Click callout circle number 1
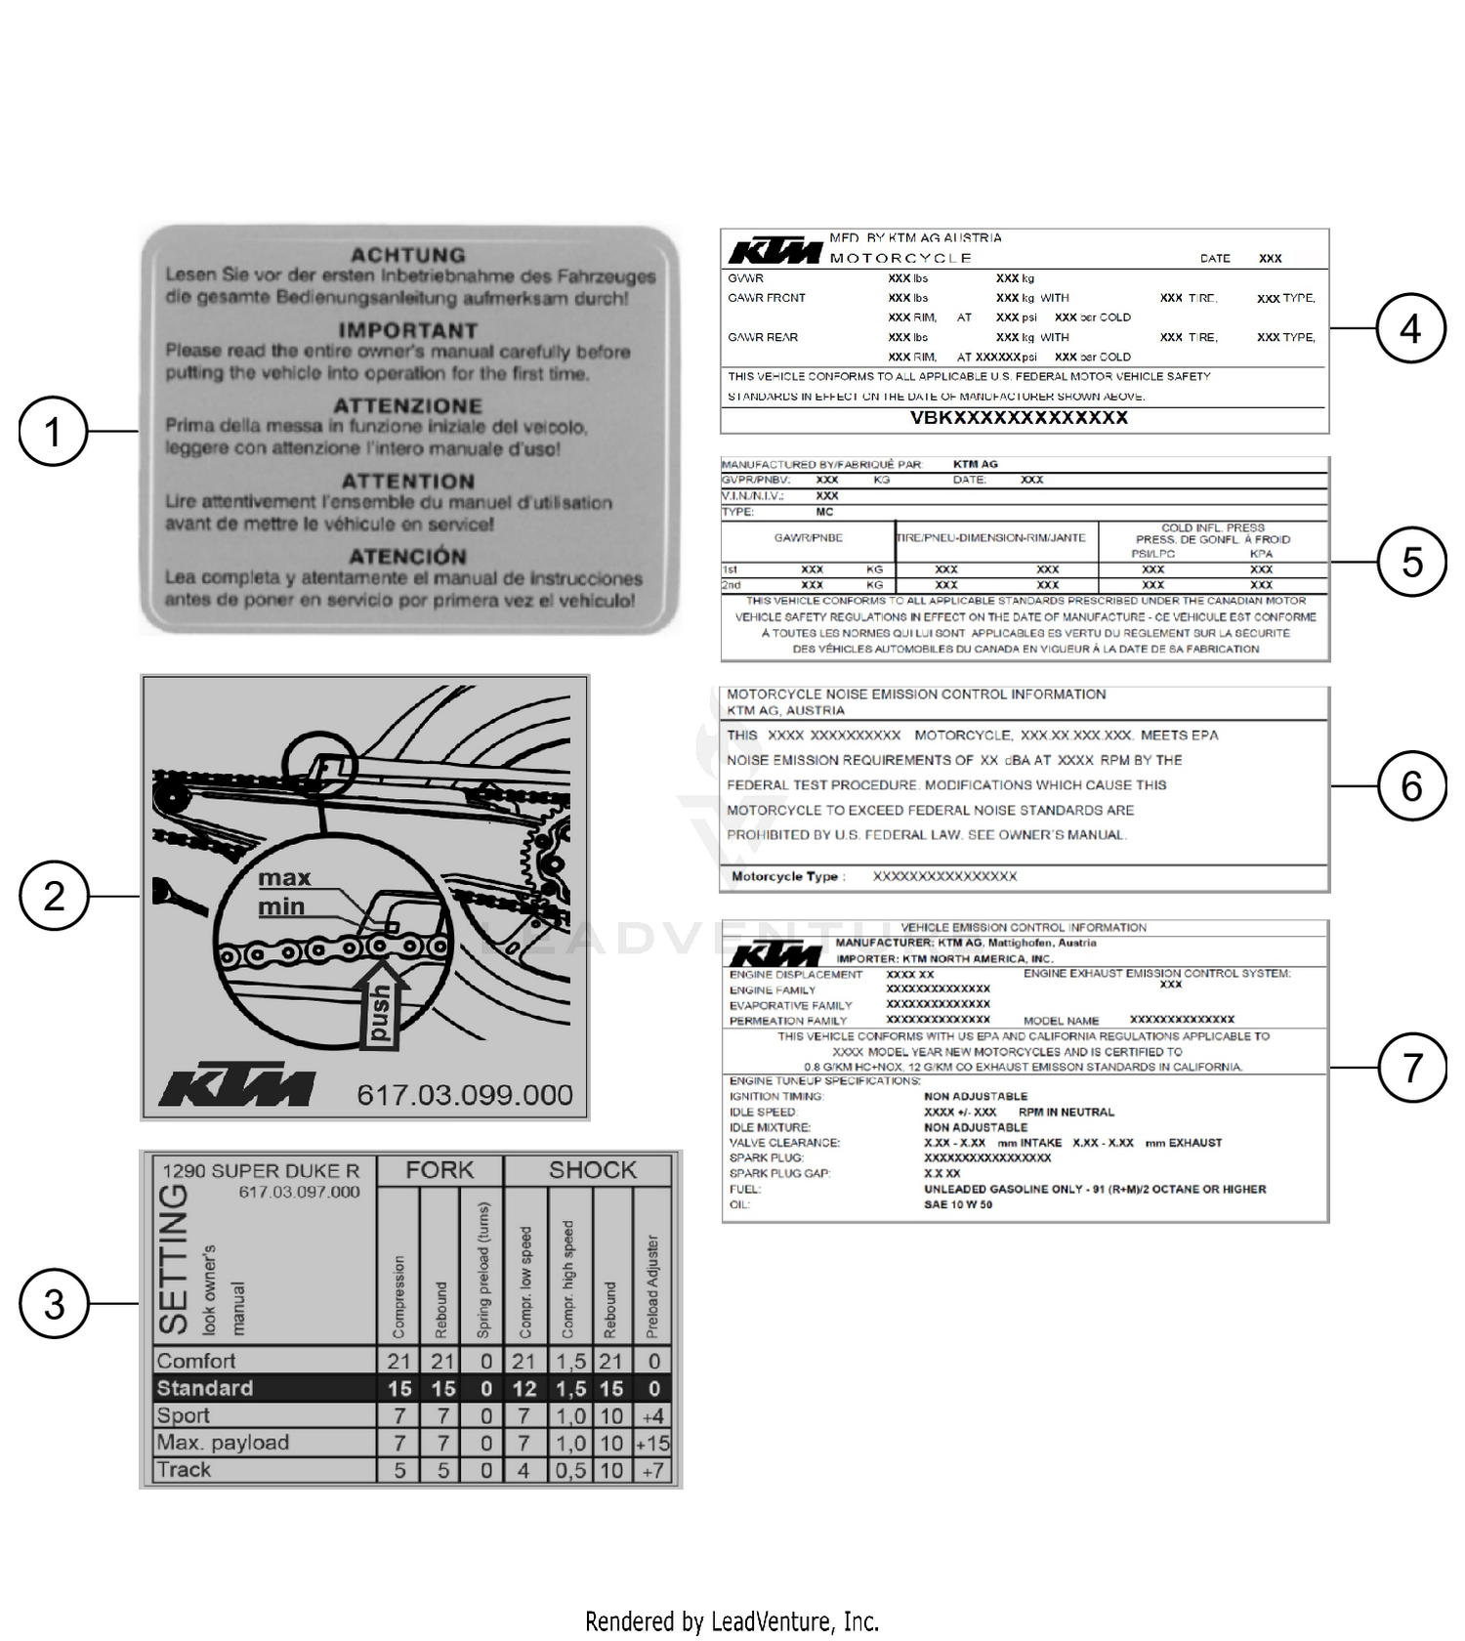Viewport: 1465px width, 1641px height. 54,431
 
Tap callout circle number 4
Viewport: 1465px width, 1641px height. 1410,328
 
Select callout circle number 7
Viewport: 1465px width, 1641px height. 1411,1067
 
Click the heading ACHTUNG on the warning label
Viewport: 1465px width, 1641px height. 408,255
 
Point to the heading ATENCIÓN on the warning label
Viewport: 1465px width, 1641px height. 408,556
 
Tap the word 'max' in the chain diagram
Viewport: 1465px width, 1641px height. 284,877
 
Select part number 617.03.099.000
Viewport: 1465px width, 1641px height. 464,1094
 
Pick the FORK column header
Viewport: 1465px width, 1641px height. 439,1169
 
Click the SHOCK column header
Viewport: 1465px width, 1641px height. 592,1169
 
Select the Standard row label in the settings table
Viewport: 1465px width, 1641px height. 205,1388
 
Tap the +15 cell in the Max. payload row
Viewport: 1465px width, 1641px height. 652,1443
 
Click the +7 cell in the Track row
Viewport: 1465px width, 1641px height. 652,1470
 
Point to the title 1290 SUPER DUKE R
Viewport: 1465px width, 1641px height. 261,1170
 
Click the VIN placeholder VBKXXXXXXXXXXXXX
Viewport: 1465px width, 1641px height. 1019,417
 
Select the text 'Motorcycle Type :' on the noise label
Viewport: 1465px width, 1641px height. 788,876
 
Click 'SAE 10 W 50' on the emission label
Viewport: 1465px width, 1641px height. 958,1204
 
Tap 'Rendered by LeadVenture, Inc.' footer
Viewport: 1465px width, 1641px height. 732,1621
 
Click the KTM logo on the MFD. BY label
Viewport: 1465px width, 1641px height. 774,251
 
